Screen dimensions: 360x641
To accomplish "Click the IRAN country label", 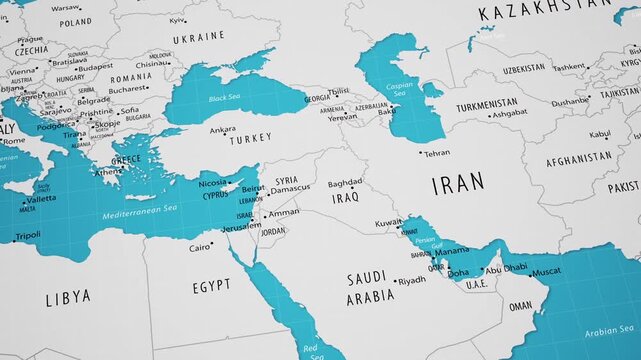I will [x=458, y=183].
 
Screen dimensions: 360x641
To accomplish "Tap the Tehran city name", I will [x=437, y=154].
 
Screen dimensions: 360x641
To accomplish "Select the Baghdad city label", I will [x=345, y=183].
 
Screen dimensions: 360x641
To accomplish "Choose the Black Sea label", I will [x=224, y=99].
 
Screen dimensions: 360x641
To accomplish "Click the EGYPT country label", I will [x=211, y=286].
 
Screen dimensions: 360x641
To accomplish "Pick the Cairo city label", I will [x=200, y=247].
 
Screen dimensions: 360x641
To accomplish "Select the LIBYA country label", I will [x=68, y=297].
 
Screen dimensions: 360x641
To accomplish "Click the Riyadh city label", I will [x=411, y=280].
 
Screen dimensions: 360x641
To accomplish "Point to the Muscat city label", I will [x=545, y=272].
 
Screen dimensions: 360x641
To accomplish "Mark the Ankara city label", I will [x=223, y=129].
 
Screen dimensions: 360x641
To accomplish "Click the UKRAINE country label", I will [x=199, y=36].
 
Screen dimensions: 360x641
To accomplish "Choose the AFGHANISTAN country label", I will [x=578, y=157].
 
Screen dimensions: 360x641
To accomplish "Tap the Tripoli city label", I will [x=28, y=235].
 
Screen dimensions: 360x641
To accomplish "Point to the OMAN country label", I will [x=521, y=307].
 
